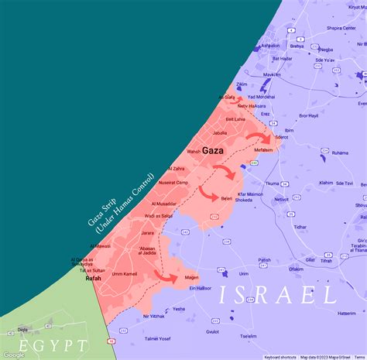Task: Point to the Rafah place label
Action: tap(93, 277)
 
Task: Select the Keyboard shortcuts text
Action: tap(280, 357)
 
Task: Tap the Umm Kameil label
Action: tap(125, 274)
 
